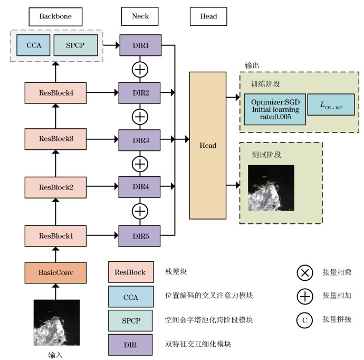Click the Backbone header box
pyautogui.click(x=55, y=16)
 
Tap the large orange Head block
pyautogui.click(x=208, y=146)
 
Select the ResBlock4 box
pyautogui.click(x=55, y=93)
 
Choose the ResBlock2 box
pyautogui.click(x=55, y=187)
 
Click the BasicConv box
pyautogui.click(x=55, y=273)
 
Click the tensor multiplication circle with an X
pyautogui.click(x=305, y=273)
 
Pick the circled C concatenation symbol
pyautogui.click(x=305, y=320)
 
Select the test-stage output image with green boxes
pyautogui.click(x=271, y=188)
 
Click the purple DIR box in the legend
pyautogui.click(x=131, y=344)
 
